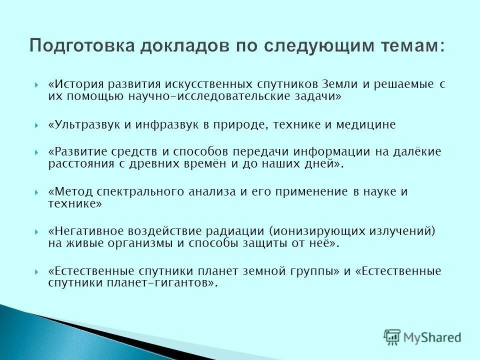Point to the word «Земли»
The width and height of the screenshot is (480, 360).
coord(342,84)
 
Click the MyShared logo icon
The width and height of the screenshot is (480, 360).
coord(393,337)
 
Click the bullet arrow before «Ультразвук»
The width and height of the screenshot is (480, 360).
coord(37,125)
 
